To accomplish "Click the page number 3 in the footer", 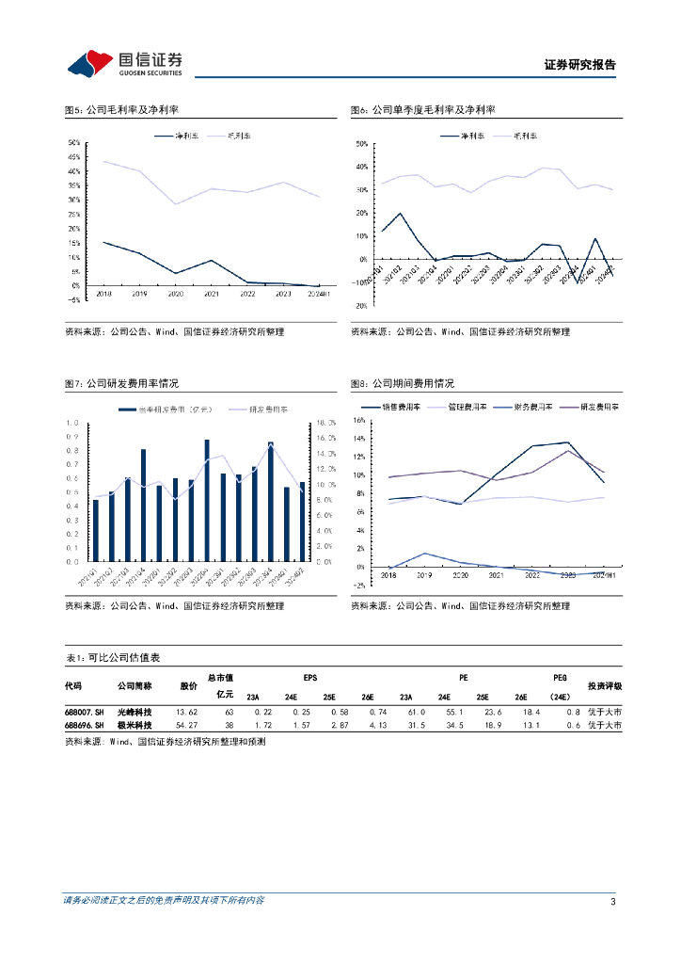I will pos(612,902).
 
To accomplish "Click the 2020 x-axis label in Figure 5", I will pos(174,295).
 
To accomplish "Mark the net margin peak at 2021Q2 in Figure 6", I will pos(400,214).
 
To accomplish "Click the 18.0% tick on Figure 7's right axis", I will pos(326,423).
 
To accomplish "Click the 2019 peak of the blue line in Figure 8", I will pos(424,554).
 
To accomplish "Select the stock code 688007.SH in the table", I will pos(84,713).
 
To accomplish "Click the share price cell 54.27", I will pos(187,726).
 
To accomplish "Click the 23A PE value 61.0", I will pos(417,713).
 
